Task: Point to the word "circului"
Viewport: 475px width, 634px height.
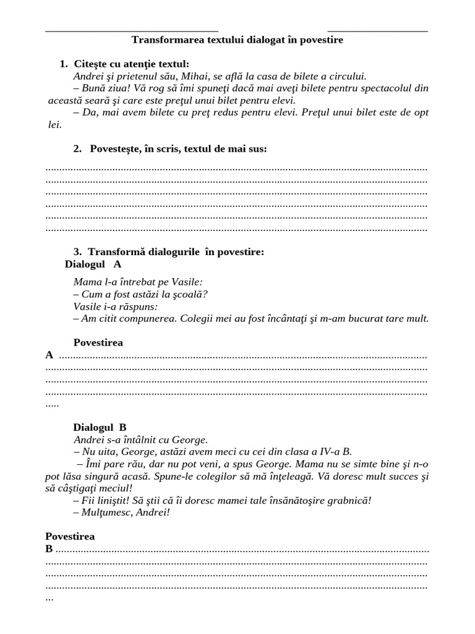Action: (x=348, y=76)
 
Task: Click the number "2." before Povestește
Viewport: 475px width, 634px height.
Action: (x=77, y=149)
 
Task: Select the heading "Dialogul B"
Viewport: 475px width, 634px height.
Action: (x=100, y=427)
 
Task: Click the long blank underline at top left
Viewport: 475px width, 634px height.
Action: (x=132, y=30)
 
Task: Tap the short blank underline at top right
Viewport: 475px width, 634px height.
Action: (x=377, y=30)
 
